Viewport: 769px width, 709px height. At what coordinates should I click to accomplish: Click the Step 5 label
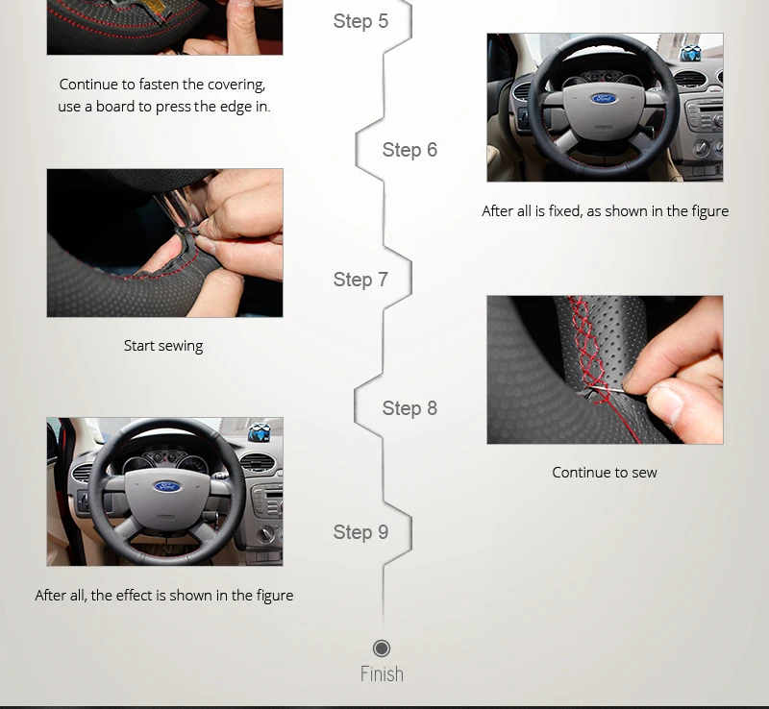pyautogui.click(x=360, y=21)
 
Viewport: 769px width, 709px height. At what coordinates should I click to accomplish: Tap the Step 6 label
pyautogui.click(x=409, y=150)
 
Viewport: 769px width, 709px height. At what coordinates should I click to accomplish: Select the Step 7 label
pyautogui.click(x=360, y=280)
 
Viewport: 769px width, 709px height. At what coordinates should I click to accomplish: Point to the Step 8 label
pyautogui.click(x=409, y=408)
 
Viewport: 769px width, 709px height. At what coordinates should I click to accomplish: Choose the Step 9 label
pyautogui.click(x=360, y=532)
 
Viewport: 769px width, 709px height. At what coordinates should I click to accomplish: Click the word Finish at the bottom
pyautogui.click(x=382, y=673)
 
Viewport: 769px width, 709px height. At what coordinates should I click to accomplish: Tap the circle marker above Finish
pyautogui.click(x=382, y=648)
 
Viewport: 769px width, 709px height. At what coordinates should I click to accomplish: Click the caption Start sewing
pyautogui.click(x=163, y=346)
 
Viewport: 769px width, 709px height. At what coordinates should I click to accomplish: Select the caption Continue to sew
pyautogui.click(x=605, y=473)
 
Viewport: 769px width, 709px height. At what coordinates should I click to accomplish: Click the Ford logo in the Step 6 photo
pyautogui.click(x=604, y=99)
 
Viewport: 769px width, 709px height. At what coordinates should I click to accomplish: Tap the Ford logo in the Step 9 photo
pyautogui.click(x=167, y=486)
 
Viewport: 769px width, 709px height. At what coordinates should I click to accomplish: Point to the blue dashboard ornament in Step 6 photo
pyautogui.click(x=690, y=53)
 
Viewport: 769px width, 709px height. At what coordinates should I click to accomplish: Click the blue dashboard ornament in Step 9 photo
pyautogui.click(x=260, y=432)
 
